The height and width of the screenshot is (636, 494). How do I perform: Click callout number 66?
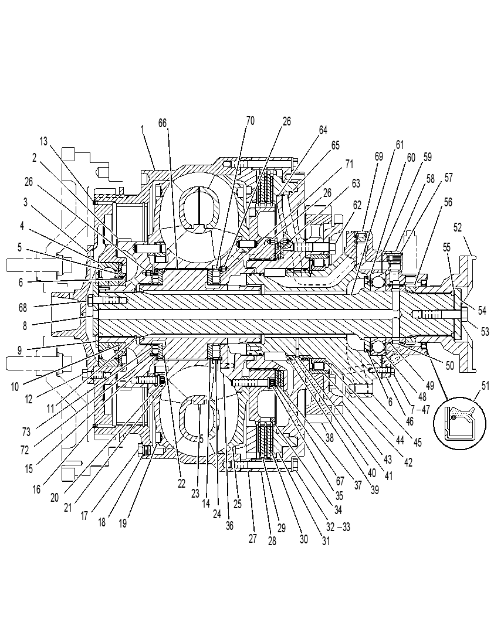(x=163, y=123)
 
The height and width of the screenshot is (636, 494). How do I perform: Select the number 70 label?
(x=251, y=121)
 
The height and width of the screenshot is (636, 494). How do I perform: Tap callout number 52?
(x=458, y=227)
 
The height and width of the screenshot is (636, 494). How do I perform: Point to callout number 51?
(x=485, y=385)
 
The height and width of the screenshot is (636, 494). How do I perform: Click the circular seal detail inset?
(x=459, y=422)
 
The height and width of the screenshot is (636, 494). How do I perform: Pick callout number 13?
(x=43, y=141)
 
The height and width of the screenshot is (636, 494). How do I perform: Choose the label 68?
(x=23, y=308)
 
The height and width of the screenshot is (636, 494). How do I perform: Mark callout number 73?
(x=26, y=432)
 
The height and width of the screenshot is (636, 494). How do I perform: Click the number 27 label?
(x=253, y=538)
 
